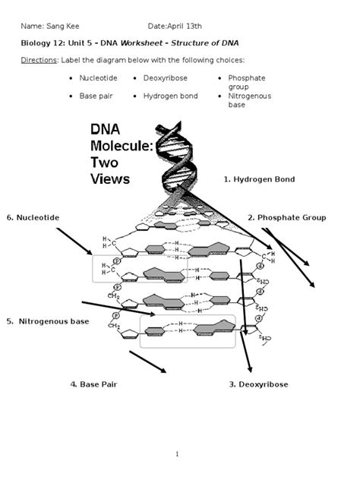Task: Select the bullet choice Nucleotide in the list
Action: [98, 78]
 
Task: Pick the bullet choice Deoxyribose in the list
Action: [165, 78]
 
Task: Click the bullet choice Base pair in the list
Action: [96, 96]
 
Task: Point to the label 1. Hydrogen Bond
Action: [259, 179]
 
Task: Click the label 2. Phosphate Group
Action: [286, 218]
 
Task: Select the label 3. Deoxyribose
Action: [258, 384]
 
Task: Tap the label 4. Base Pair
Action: [93, 384]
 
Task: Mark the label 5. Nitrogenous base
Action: [49, 321]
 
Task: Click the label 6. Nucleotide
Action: [33, 218]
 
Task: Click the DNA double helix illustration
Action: [181, 159]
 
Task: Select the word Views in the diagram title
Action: [110, 179]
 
